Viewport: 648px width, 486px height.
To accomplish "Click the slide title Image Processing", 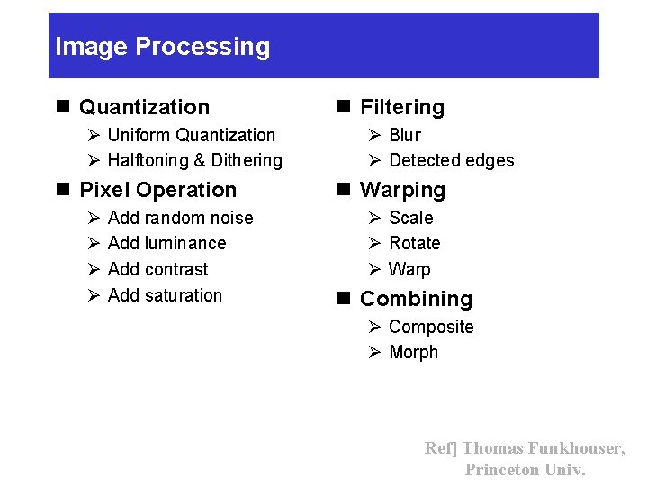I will click(x=162, y=47).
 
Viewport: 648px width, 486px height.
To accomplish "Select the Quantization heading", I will click(x=144, y=107).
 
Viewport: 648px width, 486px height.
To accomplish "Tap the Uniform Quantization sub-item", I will click(x=191, y=135).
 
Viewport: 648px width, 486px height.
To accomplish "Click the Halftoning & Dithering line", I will click(x=194, y=161).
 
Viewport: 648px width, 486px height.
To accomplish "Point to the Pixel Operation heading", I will click(x=157, y=190).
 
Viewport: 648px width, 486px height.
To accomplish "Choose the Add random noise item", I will click(x=180, y=218).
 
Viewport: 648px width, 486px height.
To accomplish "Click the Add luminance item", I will click(x=166, y=243).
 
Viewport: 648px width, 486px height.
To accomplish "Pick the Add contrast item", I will click(x=157, y=269).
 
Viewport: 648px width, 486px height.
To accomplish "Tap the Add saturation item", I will click(x=165, y=295).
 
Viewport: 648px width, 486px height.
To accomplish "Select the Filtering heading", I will click(x=401, y=108).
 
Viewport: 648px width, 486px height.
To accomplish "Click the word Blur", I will click(x=404, y=135).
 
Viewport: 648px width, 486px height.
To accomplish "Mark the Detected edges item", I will click(x=451, y=161).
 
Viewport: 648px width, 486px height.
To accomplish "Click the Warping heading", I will click(x=402, y=191).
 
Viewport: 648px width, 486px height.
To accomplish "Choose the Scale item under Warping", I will click(x=410, y=218).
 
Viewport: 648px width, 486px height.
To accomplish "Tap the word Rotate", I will click(x=414, y=243).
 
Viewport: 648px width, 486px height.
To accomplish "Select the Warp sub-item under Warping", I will click(x=409, y=269).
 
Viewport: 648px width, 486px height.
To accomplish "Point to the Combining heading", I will click(x=416, y=299).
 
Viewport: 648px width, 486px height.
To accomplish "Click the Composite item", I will click(x=430, y=327).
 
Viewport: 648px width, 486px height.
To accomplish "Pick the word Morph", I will click(x=413, y=352).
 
